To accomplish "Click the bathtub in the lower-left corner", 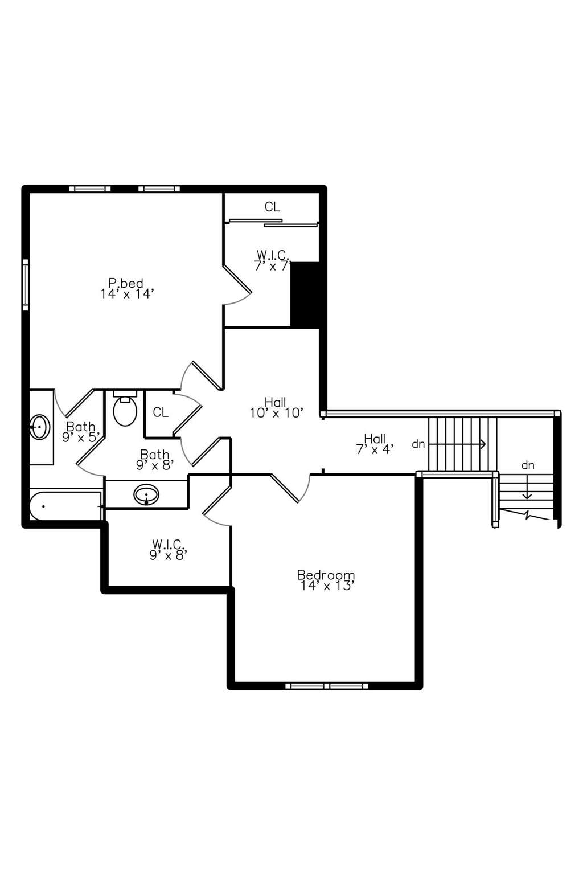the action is (65, 506).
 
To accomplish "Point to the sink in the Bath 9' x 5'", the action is (40, 427).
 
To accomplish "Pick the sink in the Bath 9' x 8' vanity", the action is (146, 494).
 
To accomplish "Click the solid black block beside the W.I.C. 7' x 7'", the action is (305, 295).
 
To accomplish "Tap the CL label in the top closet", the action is (272, 207).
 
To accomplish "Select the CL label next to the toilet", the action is (161, 412).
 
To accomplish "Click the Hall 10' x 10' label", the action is (277, 407).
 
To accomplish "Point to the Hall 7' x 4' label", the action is (375, 444).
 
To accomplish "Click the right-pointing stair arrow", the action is (457, 444).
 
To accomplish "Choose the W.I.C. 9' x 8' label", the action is (169, 550).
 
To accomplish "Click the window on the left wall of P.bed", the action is (26, 285).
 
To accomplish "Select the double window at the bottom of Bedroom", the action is (326, 686).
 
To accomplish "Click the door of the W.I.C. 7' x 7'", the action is (237, 279).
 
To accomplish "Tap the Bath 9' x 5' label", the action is (81, 432).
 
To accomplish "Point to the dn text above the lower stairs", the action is (528, 465).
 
